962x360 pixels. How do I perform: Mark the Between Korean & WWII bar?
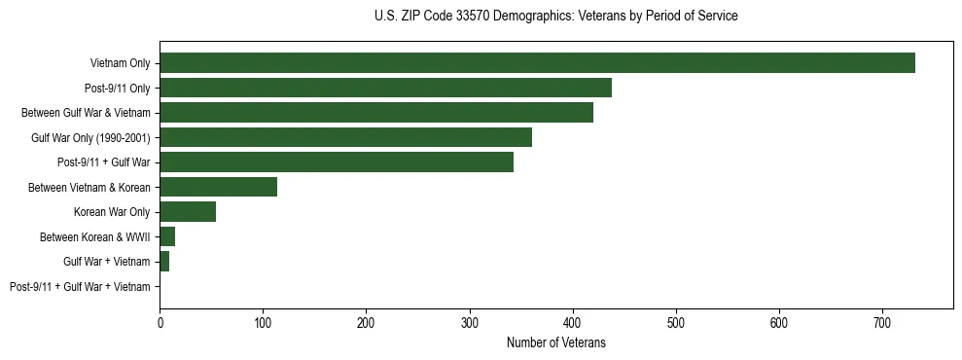[x=167, y=236]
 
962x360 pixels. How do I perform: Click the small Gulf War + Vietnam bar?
[x=164, y=262]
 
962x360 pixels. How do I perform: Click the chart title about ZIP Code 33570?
[x=555, y=17]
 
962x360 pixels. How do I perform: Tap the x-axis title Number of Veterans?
[x=555, y=342]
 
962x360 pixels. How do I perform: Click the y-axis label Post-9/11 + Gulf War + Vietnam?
[x=80, y=287]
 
